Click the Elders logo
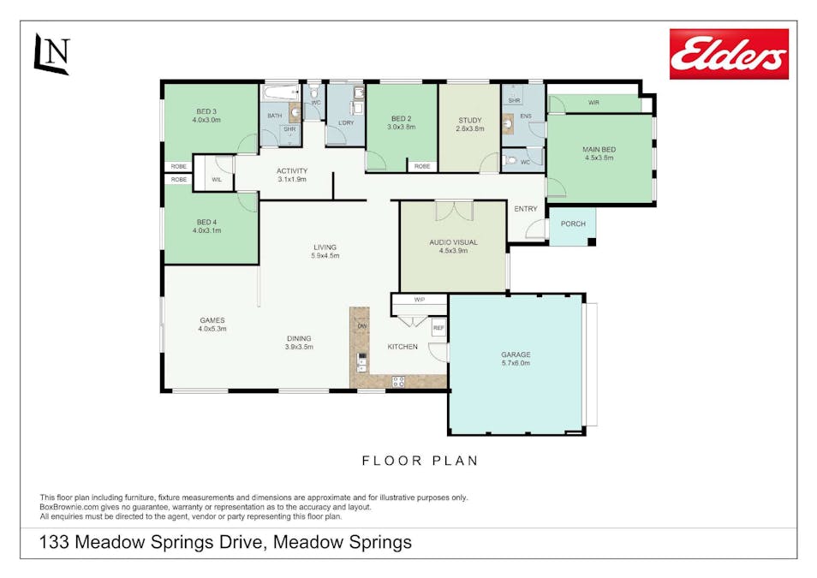729,54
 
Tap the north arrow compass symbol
51,54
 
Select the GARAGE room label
516,355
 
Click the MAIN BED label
599,150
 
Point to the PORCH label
573,223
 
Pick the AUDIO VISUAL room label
453,242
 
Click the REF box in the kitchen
438,328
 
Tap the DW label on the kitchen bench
362,326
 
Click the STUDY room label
470,121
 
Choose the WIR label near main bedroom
593,103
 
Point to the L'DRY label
346,123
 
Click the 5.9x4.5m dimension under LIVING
325,256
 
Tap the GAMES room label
212,320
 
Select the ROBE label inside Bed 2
422,166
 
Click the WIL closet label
217,180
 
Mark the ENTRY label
526,209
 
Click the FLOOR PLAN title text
420,461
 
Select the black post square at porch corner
592,241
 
